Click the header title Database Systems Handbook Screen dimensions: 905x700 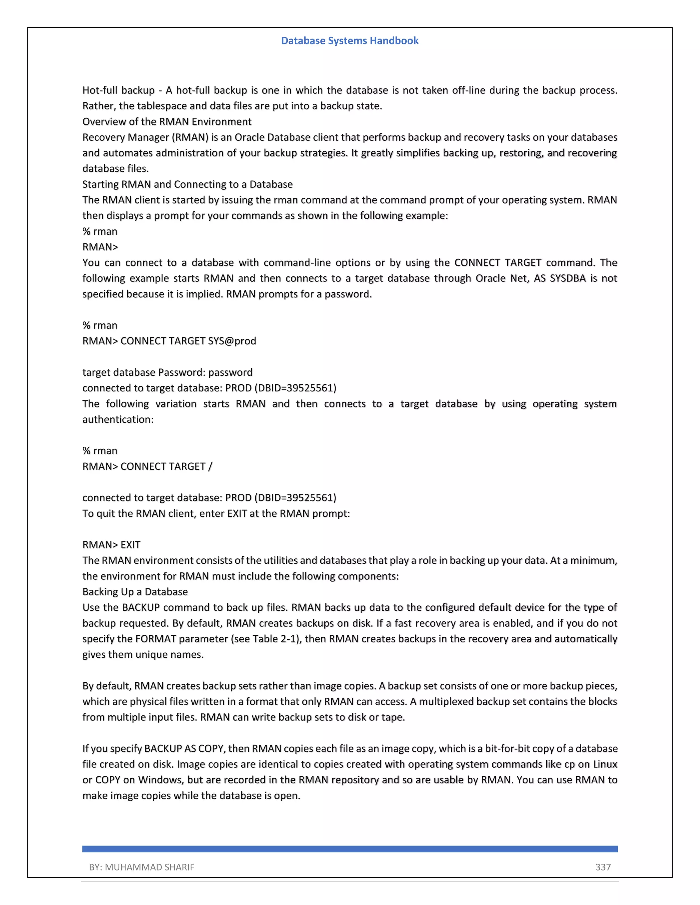click(x=350, y=41)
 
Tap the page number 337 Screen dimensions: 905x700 click(x=603, y=867)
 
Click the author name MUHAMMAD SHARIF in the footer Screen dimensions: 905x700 click(x=149, y=867)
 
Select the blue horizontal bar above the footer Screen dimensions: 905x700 click(x=350, y=849)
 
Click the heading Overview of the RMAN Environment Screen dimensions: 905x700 click(x=167, y=122)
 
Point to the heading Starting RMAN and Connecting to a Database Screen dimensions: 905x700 click(x=187, y=184)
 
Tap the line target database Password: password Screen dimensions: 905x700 click(x=167, y=372)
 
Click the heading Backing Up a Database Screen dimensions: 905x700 click(x=135, y=592)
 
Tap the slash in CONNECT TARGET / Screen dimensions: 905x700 click(x=210, y=467)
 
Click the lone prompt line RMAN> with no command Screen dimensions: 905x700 click(x=100, y=247)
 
